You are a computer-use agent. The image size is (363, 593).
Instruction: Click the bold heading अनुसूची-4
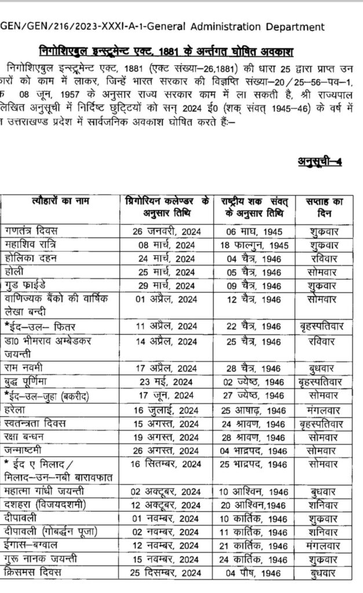tap(318, 160)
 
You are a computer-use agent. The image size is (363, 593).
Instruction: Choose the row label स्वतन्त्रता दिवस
tap(38, 424)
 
